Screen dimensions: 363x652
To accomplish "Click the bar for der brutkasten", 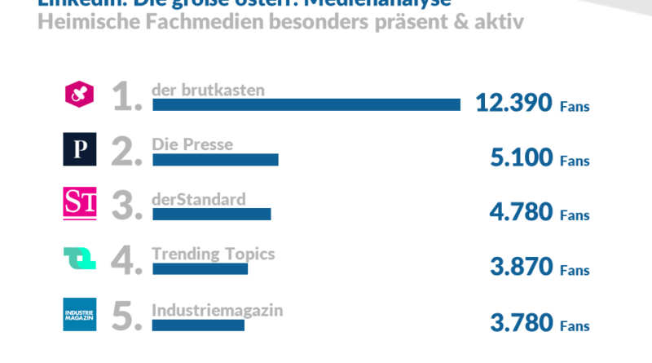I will coord(306,104).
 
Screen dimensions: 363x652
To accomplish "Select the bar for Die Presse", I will coord(215,159).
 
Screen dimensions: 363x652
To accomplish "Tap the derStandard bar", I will coord(211,214).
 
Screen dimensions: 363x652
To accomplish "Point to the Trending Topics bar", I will coord(200,268).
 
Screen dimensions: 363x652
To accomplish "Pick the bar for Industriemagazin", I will coord(198,325).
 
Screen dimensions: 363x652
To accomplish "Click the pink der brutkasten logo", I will coord(80,95).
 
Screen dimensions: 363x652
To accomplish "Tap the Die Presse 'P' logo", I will coord(80,149).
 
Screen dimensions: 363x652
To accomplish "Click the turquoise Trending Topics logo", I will coord(80,259).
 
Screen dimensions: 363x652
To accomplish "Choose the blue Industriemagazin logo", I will coord(80,315).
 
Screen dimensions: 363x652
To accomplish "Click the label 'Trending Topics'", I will coord(214,254).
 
